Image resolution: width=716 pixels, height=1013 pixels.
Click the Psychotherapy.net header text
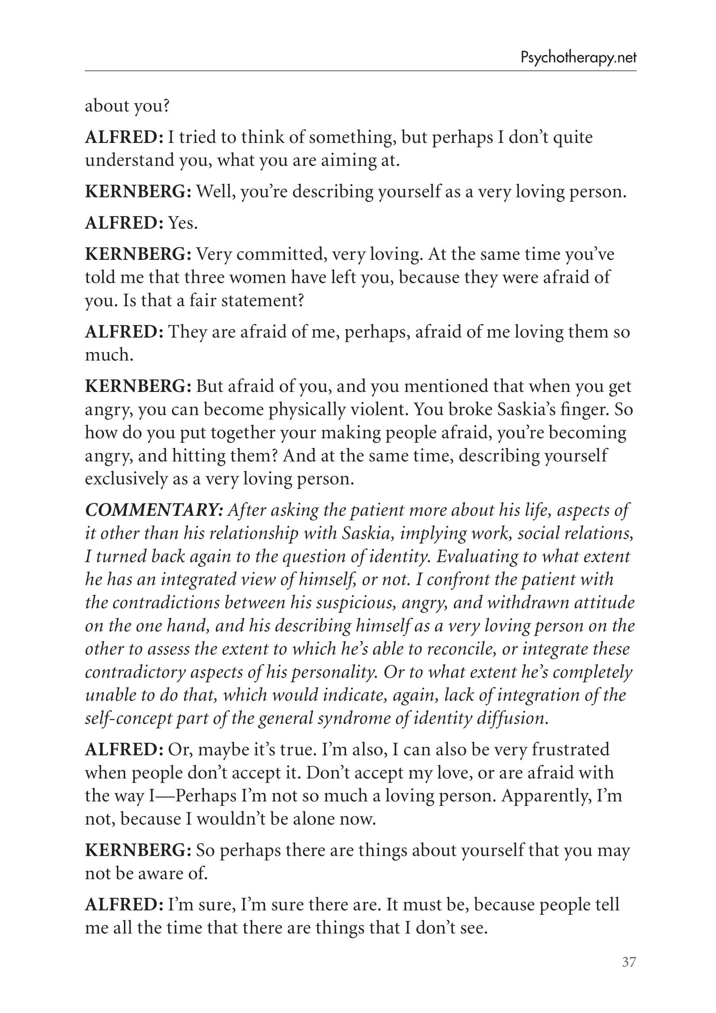[x=578, y=58]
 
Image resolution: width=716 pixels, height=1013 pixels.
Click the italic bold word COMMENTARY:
[x=154, y=510]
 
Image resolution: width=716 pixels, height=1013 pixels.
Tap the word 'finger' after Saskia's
[x=586, y=409]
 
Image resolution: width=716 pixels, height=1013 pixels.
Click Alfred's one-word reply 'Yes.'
[x=183, y=223]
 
